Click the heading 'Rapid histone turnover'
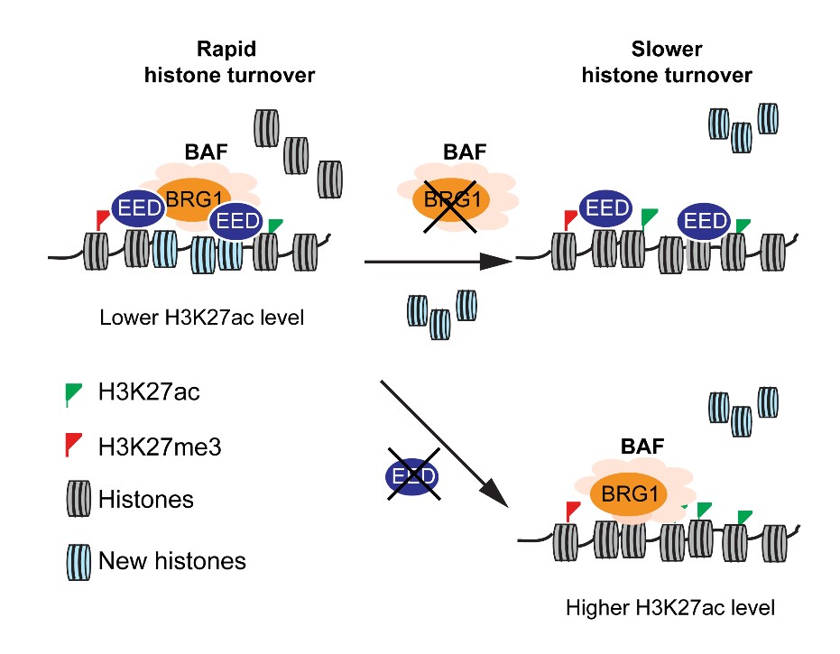229,62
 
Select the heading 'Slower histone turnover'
666,62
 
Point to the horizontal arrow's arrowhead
495,263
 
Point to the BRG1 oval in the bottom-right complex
631,493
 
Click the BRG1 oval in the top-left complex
192,197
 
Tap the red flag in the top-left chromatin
102,219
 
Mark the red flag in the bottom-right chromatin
572,511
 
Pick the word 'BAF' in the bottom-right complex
641,446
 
